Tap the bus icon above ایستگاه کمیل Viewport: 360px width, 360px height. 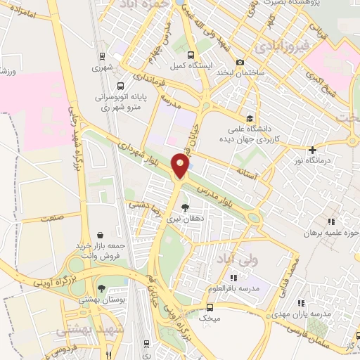pos(190,55)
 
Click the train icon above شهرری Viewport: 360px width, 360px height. pos(102,57)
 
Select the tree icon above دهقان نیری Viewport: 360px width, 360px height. pos(185,207)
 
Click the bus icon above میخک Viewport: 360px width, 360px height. pos(210,307)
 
